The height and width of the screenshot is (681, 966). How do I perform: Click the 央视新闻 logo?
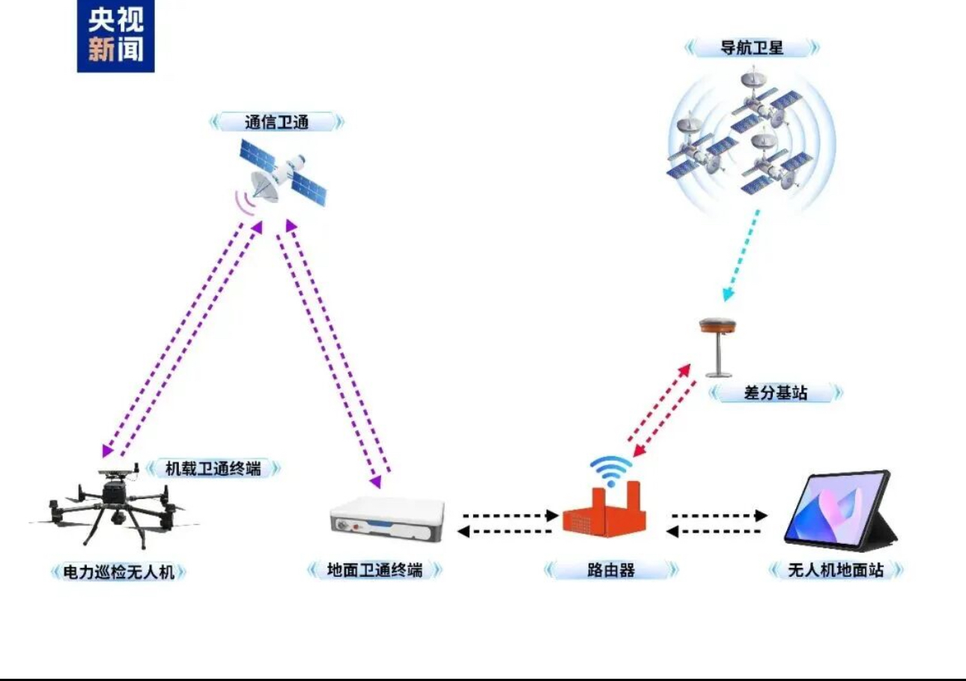pyautogui.click(x=115, y=35)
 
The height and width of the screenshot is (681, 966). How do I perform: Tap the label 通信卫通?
pyautogui.click(x=276, y=122)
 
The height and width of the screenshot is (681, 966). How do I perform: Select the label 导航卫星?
pyautogui.click(x=752, y=47)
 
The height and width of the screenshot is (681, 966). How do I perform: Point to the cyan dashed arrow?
pyautogui.click(x=742, y=255)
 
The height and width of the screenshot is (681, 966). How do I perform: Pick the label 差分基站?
pyautogui.click(x=775, y=393)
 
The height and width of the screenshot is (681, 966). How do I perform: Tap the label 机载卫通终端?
pyautogui.click(x=213, y=468)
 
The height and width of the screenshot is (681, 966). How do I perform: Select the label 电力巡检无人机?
pyautogui.click(x=118, y=572)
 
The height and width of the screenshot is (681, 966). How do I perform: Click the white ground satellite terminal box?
pyautogui.click(x=387, y=518)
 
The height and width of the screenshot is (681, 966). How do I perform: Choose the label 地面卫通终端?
pyautogui.click(x=374, y=570)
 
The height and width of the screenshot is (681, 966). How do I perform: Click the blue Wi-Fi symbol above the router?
pyautogui.click(x=611, y=470)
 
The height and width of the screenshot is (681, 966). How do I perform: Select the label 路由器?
pyautogui.click(x=611, y=570)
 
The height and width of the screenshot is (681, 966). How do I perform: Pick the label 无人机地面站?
pyautogui.click(x=836, y=570)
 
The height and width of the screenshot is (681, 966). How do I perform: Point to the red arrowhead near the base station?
pyautogui.click(x=684, y=371)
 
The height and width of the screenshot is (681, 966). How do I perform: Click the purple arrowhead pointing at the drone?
pyautogui.click(x=107, y=450)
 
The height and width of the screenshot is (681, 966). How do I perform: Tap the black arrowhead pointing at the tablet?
pyautogui.click(x=762, y=515)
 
